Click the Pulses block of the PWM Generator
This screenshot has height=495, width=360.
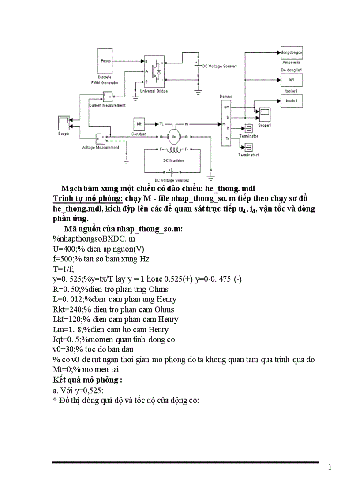(x=106, y=61)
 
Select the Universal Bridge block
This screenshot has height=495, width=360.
(x=154, y=71)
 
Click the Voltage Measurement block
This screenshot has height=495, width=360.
(x=100, y=139)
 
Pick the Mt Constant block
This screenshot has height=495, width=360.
(x=139, y=124)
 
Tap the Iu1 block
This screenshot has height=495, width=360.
(x=292, y=80)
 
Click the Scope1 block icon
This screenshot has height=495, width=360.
(x=265, y=115)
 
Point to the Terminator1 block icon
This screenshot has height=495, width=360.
(x=248, y=148)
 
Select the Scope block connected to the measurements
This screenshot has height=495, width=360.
(x=64, y=122)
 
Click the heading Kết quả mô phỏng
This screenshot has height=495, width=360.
(x=87, y=380)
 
